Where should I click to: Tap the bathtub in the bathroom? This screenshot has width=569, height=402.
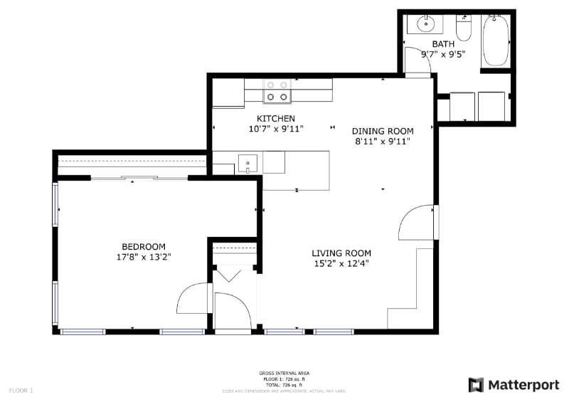[496, 40]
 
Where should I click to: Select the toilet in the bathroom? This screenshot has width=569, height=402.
[464, 28]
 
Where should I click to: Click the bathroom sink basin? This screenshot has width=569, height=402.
[425, 24]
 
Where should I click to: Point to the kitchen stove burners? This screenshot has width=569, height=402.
[277, 90]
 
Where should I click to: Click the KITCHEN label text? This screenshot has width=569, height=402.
[275, 118]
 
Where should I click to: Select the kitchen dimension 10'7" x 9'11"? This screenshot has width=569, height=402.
[275, 129]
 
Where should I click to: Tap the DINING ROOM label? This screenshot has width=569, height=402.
[382, 131]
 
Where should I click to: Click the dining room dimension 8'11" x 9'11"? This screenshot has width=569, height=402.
[382, 141]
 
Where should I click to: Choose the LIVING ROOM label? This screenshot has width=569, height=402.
[341, 253]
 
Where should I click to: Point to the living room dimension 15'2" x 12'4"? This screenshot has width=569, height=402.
[341, 263]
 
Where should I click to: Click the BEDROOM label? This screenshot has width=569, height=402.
[143, 246]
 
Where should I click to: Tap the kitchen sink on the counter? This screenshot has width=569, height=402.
[247, 163]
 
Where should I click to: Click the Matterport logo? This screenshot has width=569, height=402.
[514, 385]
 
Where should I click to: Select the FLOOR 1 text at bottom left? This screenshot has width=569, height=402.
[21, 390]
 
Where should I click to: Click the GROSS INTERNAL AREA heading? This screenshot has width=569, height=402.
[284, 374]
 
